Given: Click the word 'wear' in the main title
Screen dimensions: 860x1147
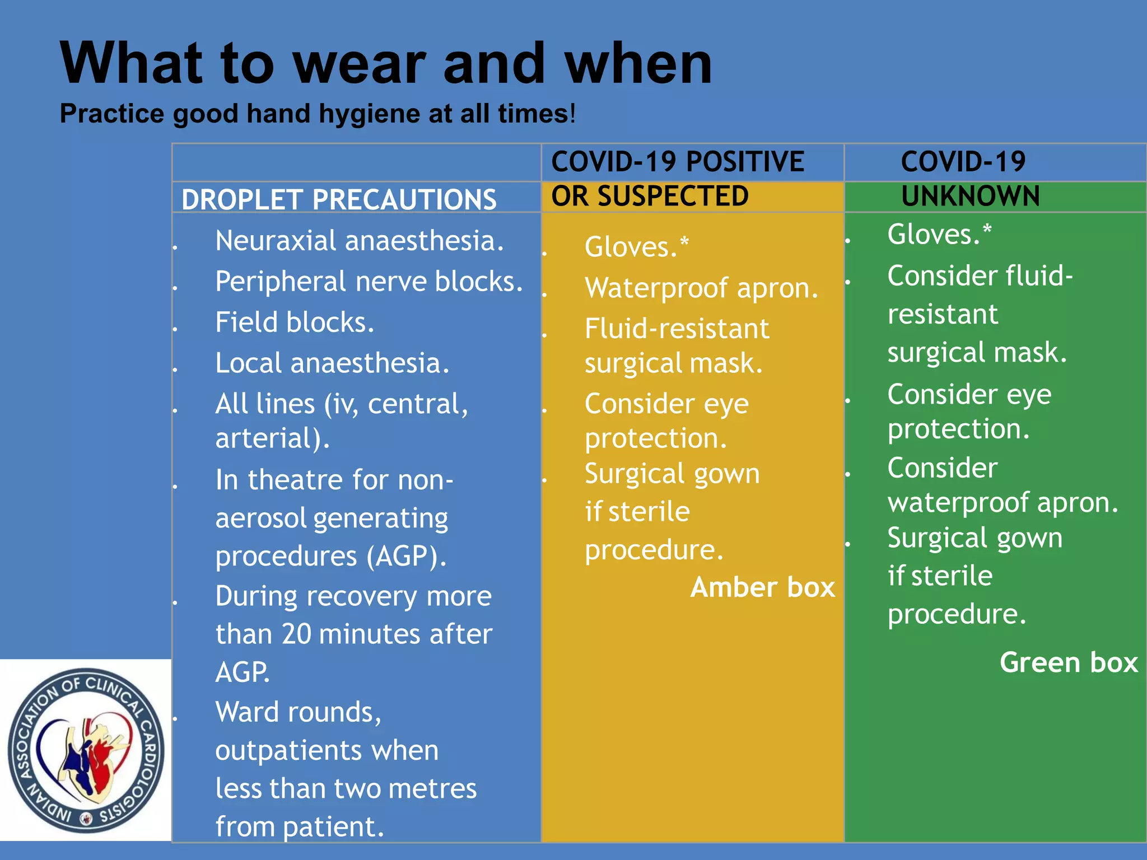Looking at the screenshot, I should coord(360,64).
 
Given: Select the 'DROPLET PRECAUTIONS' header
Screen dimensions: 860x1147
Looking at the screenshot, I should coord(339,199).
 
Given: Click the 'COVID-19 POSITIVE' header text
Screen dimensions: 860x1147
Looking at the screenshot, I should coord(678,162).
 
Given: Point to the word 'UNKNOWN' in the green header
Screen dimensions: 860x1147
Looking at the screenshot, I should coord(970,196).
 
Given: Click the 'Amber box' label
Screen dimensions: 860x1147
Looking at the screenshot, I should coord(762,587).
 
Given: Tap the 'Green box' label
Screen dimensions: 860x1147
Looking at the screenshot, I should coord(1069,662).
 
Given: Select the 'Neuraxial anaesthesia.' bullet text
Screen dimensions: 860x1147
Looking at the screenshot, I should coord(360,241).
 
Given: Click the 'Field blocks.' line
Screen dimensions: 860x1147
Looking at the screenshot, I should coord(295,322).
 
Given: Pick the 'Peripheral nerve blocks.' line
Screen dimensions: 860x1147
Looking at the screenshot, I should coord(369,281).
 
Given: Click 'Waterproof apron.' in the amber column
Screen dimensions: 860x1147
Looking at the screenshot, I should coord(701,288).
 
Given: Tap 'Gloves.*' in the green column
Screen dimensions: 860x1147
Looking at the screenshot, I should coord(939,234).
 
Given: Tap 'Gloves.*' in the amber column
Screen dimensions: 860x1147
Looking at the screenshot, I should coord(636,247).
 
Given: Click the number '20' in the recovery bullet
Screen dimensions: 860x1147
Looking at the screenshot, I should coord(296,634).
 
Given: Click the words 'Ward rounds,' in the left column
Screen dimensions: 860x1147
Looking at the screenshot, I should coord(298,712).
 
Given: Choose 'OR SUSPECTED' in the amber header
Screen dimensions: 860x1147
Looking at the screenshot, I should coord(650,196).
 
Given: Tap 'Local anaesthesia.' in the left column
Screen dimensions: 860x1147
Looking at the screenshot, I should coord(332,363).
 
